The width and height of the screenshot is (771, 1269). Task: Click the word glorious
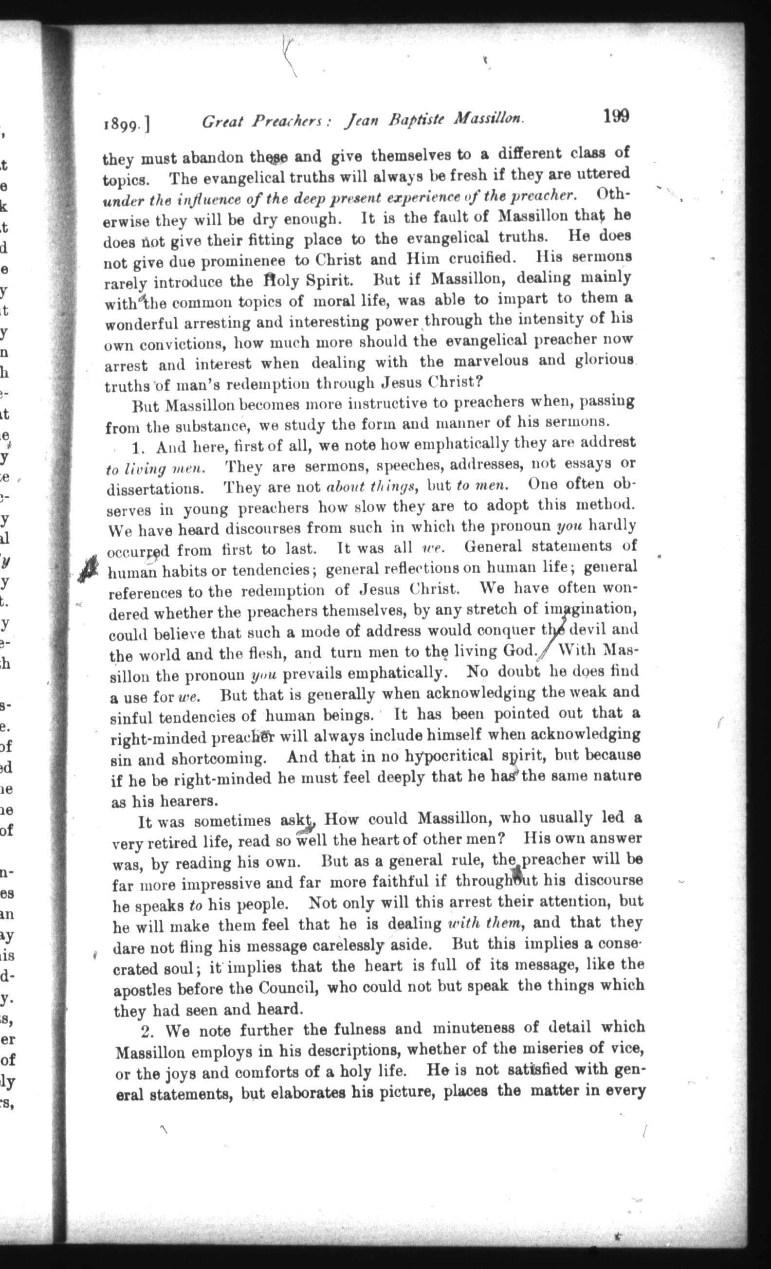point(604,360)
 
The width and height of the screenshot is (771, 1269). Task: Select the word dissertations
point(154,488)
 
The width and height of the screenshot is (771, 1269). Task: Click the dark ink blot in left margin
point(89,569)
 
